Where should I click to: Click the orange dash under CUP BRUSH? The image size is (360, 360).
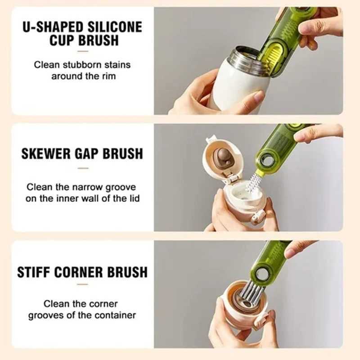pos(82,52)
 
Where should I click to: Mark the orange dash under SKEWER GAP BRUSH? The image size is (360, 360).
pos(82,168)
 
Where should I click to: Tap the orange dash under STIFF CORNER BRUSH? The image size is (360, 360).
pos(82,284)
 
